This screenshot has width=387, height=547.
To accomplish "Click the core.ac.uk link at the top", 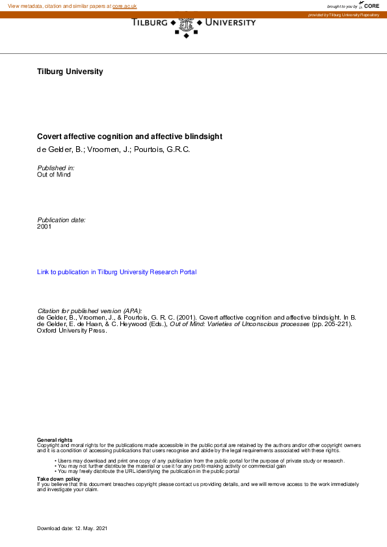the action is coord(125,6).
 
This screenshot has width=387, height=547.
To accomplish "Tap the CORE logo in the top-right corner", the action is coord(370,5).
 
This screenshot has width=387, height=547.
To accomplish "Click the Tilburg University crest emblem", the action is coord(187,25).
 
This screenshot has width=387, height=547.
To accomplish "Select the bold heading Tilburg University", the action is coord(70,71).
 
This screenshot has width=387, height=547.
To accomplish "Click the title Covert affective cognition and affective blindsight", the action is coord(130,136).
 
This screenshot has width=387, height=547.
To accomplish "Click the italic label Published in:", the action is coord(56,168).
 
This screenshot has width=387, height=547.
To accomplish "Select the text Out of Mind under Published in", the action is coord(54,175).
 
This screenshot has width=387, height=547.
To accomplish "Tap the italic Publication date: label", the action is coord(62,220).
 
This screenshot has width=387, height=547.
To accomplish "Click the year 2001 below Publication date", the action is coord(44,227).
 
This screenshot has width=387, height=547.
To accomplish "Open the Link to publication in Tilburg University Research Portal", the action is coord(117,272).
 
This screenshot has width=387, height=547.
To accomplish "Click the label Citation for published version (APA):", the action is coord(90,311).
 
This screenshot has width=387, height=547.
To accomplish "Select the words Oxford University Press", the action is coord(72,330).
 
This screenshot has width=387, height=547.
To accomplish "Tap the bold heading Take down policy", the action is coord(59,479).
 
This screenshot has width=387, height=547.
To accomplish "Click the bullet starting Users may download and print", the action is coord(200,461).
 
